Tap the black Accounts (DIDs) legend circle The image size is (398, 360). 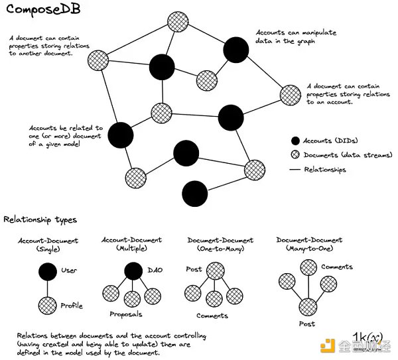pyautogui.click(x=295, y=141)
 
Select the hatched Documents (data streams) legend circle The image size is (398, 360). pyautogui.click(x=295, y=155)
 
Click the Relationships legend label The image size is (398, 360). pyautogui.click(x=325, y=170)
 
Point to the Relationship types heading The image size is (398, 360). pyautogui.click(x=40, y=219)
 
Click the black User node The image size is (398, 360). pyautogui.click(x=47, y=272)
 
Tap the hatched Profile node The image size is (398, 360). pyautogui.click(x=47, y=305)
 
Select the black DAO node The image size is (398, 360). pyautogui.click(x=133, y=270)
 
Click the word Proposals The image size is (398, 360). pyautogui.click(x=126, y=314)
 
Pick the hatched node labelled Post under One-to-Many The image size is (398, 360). pyautogui.click(x=214, y=270)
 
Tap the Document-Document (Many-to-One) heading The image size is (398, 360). pyautogui.click(x=309, y=244)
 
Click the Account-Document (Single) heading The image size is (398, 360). pyautogui.click(x=48, y=244)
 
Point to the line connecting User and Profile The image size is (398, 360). pyautogui.click(x=47, y=288)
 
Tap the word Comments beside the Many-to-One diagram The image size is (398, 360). pyautogui.click(x=336, y=267)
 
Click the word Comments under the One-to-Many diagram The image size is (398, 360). pyautogui.click(x=212, y=316)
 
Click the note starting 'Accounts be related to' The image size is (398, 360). pyautogui.click(x=65, y=137)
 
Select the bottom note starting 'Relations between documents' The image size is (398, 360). pyautogui.click(x=106, y=344)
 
